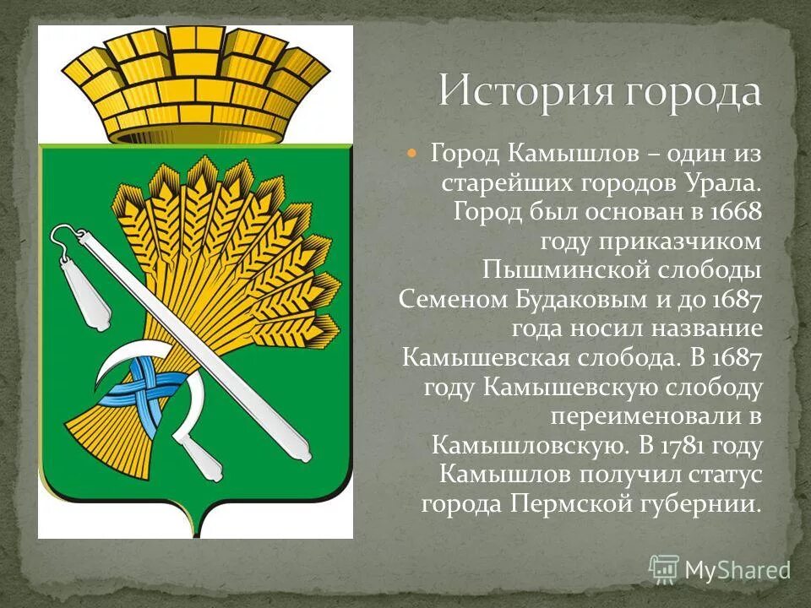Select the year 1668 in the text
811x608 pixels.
pos(737,212)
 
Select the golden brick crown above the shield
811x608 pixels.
pos(196,84)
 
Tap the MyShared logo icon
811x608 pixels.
pos(664,569)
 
